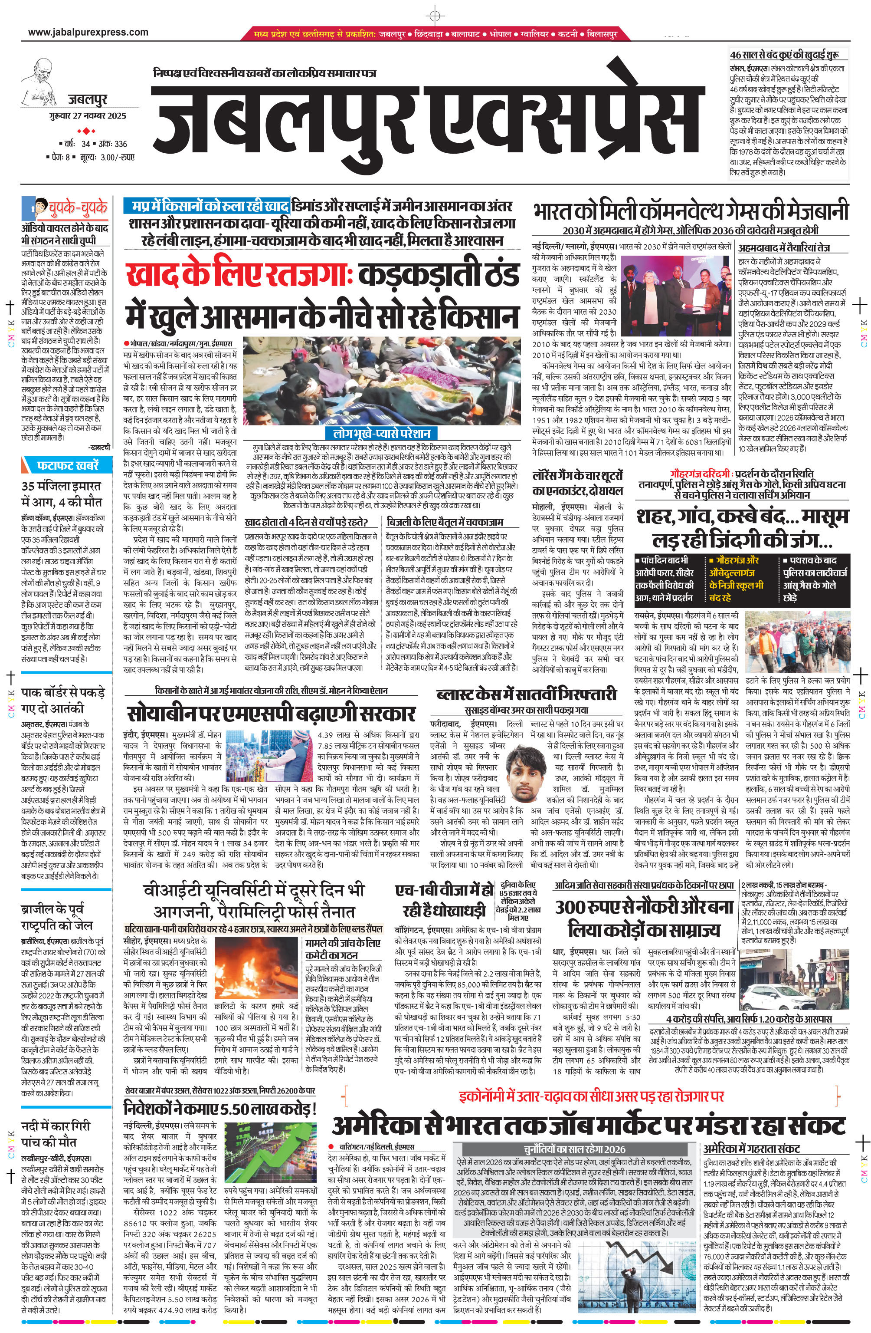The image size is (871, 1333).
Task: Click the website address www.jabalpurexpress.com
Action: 88,32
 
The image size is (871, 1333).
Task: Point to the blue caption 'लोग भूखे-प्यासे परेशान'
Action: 381,434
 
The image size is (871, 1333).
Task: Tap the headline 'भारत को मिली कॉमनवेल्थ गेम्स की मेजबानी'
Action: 690,212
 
